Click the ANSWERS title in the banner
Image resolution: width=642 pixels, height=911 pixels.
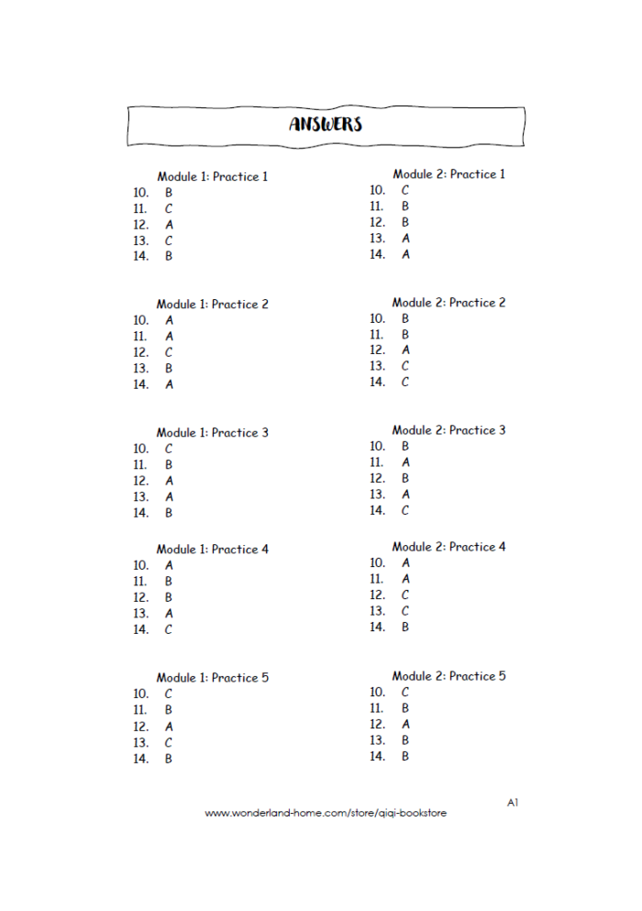click(326, 124)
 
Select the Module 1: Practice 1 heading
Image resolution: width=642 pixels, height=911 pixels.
click(212, 176)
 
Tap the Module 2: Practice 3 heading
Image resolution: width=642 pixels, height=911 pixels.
click(448, 430)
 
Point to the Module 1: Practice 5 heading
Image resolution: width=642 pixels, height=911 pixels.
click(212, 678)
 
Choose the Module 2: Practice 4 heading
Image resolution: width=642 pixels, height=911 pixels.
click(448, 547)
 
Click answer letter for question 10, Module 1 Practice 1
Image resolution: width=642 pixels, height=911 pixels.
click(169, 193)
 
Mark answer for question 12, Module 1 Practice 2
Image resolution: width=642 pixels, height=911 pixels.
click(169, 352)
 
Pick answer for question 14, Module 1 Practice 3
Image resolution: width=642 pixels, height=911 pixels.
click(169, 513)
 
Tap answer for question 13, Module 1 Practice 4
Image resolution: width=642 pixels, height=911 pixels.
click(169, 614)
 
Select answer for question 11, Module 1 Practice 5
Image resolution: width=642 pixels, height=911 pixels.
click(169, 710)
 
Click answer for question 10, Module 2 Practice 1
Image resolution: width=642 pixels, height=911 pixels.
click(405, 191)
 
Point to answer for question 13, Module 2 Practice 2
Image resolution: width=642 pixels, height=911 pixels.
click(405, 366)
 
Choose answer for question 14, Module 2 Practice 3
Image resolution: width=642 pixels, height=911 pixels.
click(405, 510)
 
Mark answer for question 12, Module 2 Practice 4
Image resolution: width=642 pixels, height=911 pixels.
click(405, 595)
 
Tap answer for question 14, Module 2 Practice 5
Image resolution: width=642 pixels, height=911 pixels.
click(405, 756)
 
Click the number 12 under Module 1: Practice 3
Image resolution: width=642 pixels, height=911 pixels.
click(140, 481)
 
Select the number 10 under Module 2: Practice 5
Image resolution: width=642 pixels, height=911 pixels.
click(377, 692)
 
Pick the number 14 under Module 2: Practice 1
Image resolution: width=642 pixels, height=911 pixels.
click(377, 255)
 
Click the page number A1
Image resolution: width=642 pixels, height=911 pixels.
click(513, 803)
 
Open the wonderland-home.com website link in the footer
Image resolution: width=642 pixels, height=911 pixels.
click(326, 813)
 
